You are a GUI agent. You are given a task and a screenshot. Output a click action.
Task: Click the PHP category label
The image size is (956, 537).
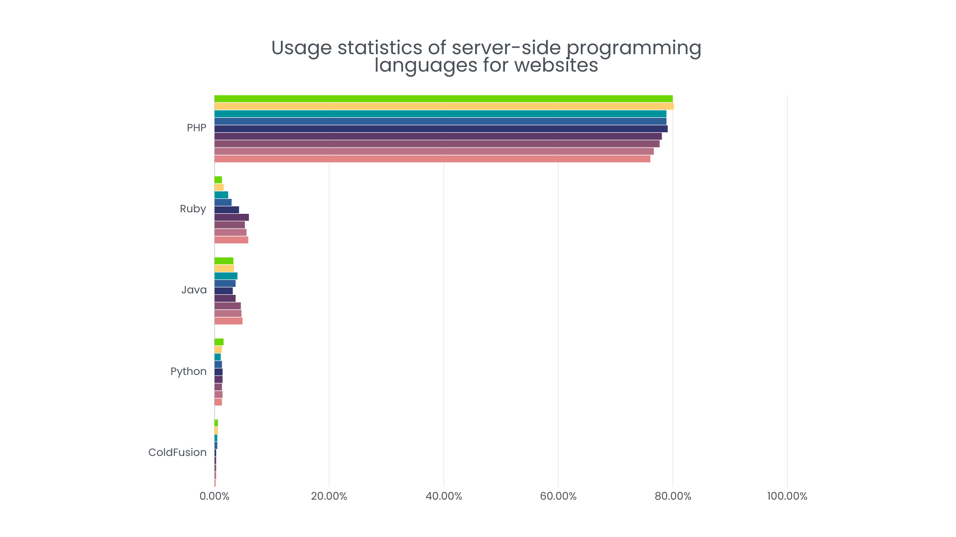pyautogui.click(x=196, y=128)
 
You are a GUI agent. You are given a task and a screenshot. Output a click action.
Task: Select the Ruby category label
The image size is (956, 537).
pyautogui.click(x=193, y=209)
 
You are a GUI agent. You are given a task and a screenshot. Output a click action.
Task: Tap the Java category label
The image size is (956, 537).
pyautogui.click(x=194, y=290)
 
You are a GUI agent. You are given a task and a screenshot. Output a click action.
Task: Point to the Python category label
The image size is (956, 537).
pyautogui.click(x=188, y=371)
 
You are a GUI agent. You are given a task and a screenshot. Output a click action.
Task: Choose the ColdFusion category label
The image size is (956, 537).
pyautogui.click(x=177, y=452)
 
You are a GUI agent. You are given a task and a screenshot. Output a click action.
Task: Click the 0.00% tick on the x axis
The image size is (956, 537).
pyautogui.click(x=214, y=496)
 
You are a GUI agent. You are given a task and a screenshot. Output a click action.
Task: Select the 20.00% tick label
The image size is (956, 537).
pyautogui.click(x=329, y=496)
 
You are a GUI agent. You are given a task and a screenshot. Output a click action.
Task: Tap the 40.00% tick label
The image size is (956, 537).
pyautogui.click(x=444, y=496)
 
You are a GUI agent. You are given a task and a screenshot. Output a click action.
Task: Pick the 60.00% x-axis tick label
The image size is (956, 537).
pyautogui.click(x=558, y=496)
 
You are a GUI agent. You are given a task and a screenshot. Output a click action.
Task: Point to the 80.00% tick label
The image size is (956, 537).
pyautogui.click(x=673, y=496)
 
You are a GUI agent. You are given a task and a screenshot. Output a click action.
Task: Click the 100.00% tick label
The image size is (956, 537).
pyautogui.click(x=787, y=496)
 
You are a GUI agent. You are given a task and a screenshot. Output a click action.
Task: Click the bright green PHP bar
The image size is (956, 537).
pyautogui.click(x=443, y=98)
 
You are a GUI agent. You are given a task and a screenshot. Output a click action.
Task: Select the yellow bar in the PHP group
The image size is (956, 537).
pyautogui.click(x=443, y=106)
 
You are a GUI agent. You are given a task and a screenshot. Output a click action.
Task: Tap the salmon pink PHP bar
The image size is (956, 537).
pyautogui.click(x=432, y=159)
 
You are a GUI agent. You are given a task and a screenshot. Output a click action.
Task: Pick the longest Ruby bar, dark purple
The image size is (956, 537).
pyautogui.click(x=232, y=217)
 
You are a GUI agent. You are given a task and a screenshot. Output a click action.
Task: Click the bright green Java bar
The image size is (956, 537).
pyautogui.click(x=224, y=261)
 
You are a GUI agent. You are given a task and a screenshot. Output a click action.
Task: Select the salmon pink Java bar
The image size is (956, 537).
pyautogui.click(x=228, y=321)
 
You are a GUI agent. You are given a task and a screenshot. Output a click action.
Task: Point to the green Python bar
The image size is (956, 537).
pyautogui.click(x=219, y=342)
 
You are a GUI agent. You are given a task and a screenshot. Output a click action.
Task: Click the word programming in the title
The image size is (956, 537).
pyautogui.click(x=633, y=48)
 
